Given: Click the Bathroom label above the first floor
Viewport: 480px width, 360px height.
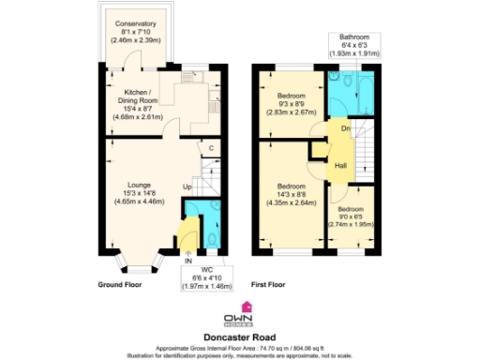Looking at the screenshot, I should coord(354,43).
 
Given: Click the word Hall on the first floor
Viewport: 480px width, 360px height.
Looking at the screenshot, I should coord(340,166).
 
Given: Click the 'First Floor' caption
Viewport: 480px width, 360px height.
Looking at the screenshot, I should coord(268,283).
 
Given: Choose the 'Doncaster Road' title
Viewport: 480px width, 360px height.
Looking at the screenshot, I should coord(239,331).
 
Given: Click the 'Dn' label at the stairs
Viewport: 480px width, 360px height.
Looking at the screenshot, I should coord(345,128).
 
